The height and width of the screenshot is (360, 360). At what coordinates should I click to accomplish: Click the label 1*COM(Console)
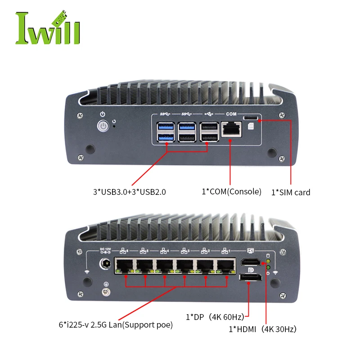tap(231, 192)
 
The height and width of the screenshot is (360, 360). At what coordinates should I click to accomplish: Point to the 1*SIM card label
tap(290, 192)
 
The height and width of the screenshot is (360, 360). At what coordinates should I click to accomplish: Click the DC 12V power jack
tap(105, 264)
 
